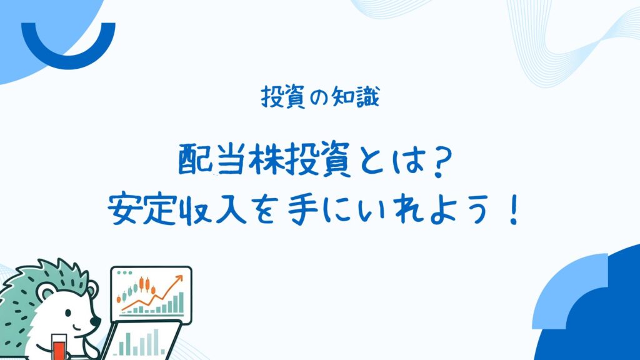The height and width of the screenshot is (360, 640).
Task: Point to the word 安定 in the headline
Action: [x=142, y=210]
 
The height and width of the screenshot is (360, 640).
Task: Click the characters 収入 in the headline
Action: [x=212, y=210]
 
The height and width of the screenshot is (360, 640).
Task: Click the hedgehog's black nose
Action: [x=96, y=321]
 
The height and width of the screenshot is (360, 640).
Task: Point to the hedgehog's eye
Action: [x=67, y=314]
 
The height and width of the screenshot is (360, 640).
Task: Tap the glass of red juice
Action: [x=59, y=347]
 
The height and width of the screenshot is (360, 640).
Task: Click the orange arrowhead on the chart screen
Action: [x=178, y=279]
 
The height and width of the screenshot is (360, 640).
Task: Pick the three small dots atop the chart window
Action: [x=124, y=272]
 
